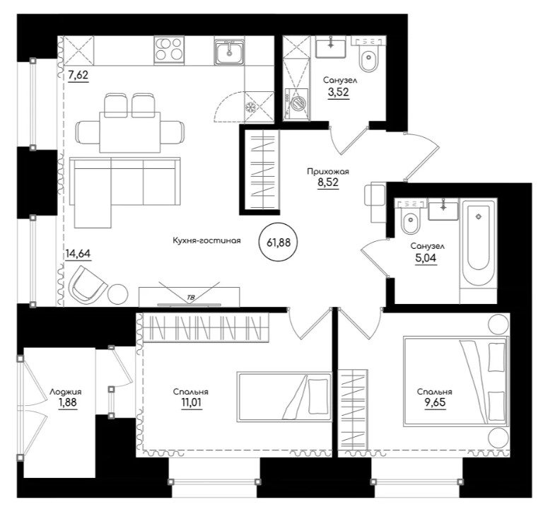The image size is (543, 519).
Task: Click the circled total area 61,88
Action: pyautogui.click(x=279, y=243)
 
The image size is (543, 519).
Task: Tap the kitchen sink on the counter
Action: pyautogui.click(x=229, y=51)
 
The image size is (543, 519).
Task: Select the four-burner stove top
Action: pyautogui.click(x=169, y=50)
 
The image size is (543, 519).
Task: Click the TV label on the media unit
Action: pyautogui.click(x=190, y=298)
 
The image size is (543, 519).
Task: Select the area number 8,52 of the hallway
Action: pyautogui.click(x=328, y=182)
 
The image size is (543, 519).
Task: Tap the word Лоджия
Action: pyautogui.click(x=66, y=392)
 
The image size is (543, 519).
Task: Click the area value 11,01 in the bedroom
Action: pyautogui.click(x=191, y=402)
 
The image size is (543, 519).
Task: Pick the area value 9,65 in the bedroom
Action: pyautogui.click(x=435, y=402)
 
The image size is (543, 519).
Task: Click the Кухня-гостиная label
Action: pyautogui.click(x=206, y=240)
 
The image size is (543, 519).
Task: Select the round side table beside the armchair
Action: pyautogui.click(x=118, y=294)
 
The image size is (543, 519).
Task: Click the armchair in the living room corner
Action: pyautogui.click(x=87, y=285)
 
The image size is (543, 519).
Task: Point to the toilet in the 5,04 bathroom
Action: pyautogui.click(x=410, y=217)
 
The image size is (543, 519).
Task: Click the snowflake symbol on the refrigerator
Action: pyautogui.click(x=250, y=107)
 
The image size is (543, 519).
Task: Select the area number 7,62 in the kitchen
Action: pyautogui.click(x=78, y=75)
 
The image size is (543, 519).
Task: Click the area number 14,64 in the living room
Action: pyautogui.click(x=78, y=253)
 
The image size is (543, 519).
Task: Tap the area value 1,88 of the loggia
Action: pyautogui.click(x=68, y=402)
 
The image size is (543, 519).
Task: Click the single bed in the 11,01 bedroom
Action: pyautogui.click(x=284, y=397)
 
